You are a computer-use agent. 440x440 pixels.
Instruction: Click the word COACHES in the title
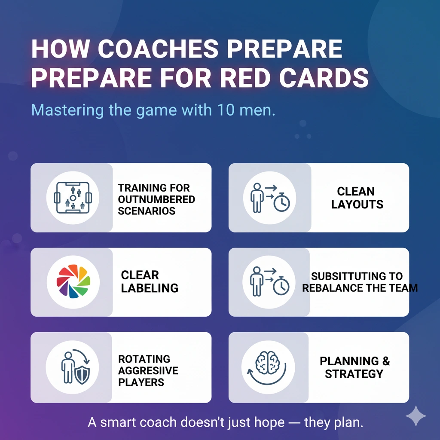[158, 49]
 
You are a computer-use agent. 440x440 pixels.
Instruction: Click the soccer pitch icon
[73, 198]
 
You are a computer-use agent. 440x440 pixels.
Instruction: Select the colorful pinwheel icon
[73, 281]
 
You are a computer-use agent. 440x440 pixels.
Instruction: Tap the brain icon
[267, 363]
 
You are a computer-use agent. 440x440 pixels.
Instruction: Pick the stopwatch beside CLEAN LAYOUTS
[282, 202]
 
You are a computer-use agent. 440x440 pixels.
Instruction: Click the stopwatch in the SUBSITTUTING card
[281, 285]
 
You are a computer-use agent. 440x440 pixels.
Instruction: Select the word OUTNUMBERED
[156, 199]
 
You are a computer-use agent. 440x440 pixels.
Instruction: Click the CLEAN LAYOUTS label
[357, 198]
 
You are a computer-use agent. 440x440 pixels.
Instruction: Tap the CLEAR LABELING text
[150, 281]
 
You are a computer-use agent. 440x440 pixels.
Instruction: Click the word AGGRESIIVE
[148, 371]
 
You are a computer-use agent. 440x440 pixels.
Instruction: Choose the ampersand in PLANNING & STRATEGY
[386, 361]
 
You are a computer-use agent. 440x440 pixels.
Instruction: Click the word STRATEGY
[354, 374]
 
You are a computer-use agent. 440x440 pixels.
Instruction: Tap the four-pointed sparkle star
[416, 416]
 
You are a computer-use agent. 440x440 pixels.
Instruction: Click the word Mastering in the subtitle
[67, 110]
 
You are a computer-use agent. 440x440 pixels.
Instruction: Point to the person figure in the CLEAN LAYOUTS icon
[257, 198]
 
